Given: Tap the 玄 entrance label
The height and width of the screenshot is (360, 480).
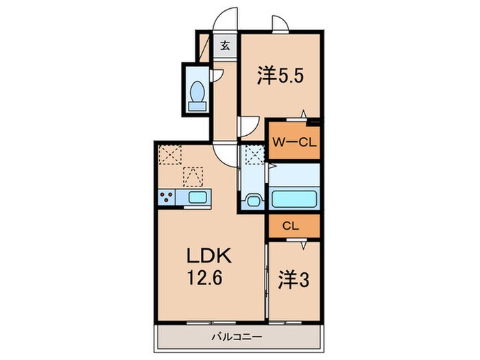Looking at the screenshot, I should (x=225, y=46).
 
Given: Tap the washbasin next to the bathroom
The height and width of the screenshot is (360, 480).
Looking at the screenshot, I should (x=252, y=200).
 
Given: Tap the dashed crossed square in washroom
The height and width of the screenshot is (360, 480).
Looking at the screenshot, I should (x=252, y=156).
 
